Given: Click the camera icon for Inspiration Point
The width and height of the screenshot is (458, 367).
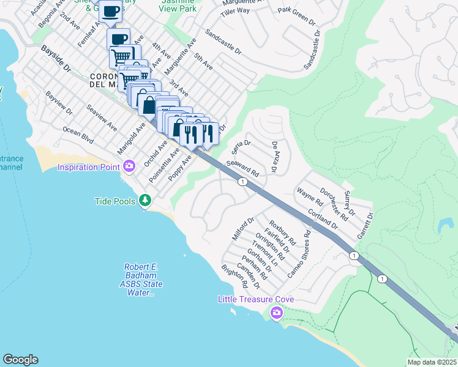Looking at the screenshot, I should pyautogui.click(x=129, y=166).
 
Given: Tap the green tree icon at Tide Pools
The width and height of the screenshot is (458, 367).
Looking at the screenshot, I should pyautogui.click(x=145, y=200).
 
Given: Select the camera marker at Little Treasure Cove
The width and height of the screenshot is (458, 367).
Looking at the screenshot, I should pyautogui.click(x=277, y=313).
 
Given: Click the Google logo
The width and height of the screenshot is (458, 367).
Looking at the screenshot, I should pyautogui.click(x=20, y=360).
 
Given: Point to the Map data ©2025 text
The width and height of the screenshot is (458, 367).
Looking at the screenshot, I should pyautogui.click(x=432, y=362).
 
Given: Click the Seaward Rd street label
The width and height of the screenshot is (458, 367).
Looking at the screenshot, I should pyautogui.click(x=243, y=169).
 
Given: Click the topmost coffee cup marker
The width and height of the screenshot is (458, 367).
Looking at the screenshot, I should pyautogui.click(x=110, y=12).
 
